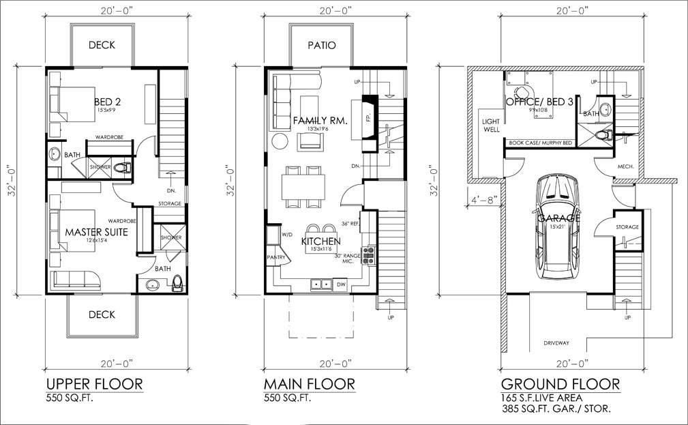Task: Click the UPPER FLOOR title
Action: pos(94,384)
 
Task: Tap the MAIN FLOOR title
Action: pos(310,384)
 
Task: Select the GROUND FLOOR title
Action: pos(560,384)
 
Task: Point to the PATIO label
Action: pos(321,46)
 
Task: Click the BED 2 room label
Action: pos(108,102)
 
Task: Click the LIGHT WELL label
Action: pos(491,126)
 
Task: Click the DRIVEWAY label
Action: pos(556,343)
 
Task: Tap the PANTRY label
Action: pos(277,257)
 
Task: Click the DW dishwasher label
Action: pos(342,283)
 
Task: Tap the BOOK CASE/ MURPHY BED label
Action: pos(538,143)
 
